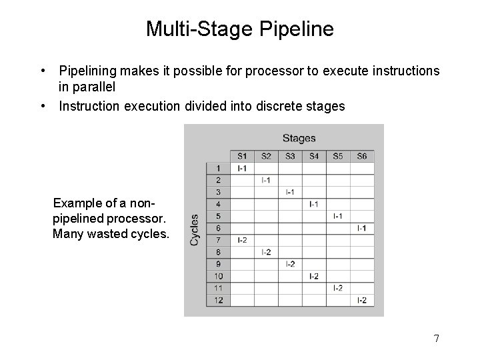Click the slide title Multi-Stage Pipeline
click(x=240, y=29)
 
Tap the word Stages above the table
click(x=299, y=138)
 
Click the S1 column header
click(x=242, y=156)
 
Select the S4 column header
click(x=314, y=156)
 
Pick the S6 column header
click(x=361, y=156)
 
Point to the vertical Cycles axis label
click(x=195, y=229)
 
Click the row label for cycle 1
click(x=218, y=168)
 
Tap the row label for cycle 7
click(x=218, y=240)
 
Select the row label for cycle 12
click(x=218, y=300)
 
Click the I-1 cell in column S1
click(x=242, y=168)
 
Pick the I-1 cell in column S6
click(x=361, y=228)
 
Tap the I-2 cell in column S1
click(x=242, y=240)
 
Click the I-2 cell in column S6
click(x=361, y=300)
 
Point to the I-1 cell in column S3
click(x=290, y=192)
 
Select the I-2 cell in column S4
click(x=314, y=276)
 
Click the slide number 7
click(x=436, y=339)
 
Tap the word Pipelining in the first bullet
click(x=86, y=70)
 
